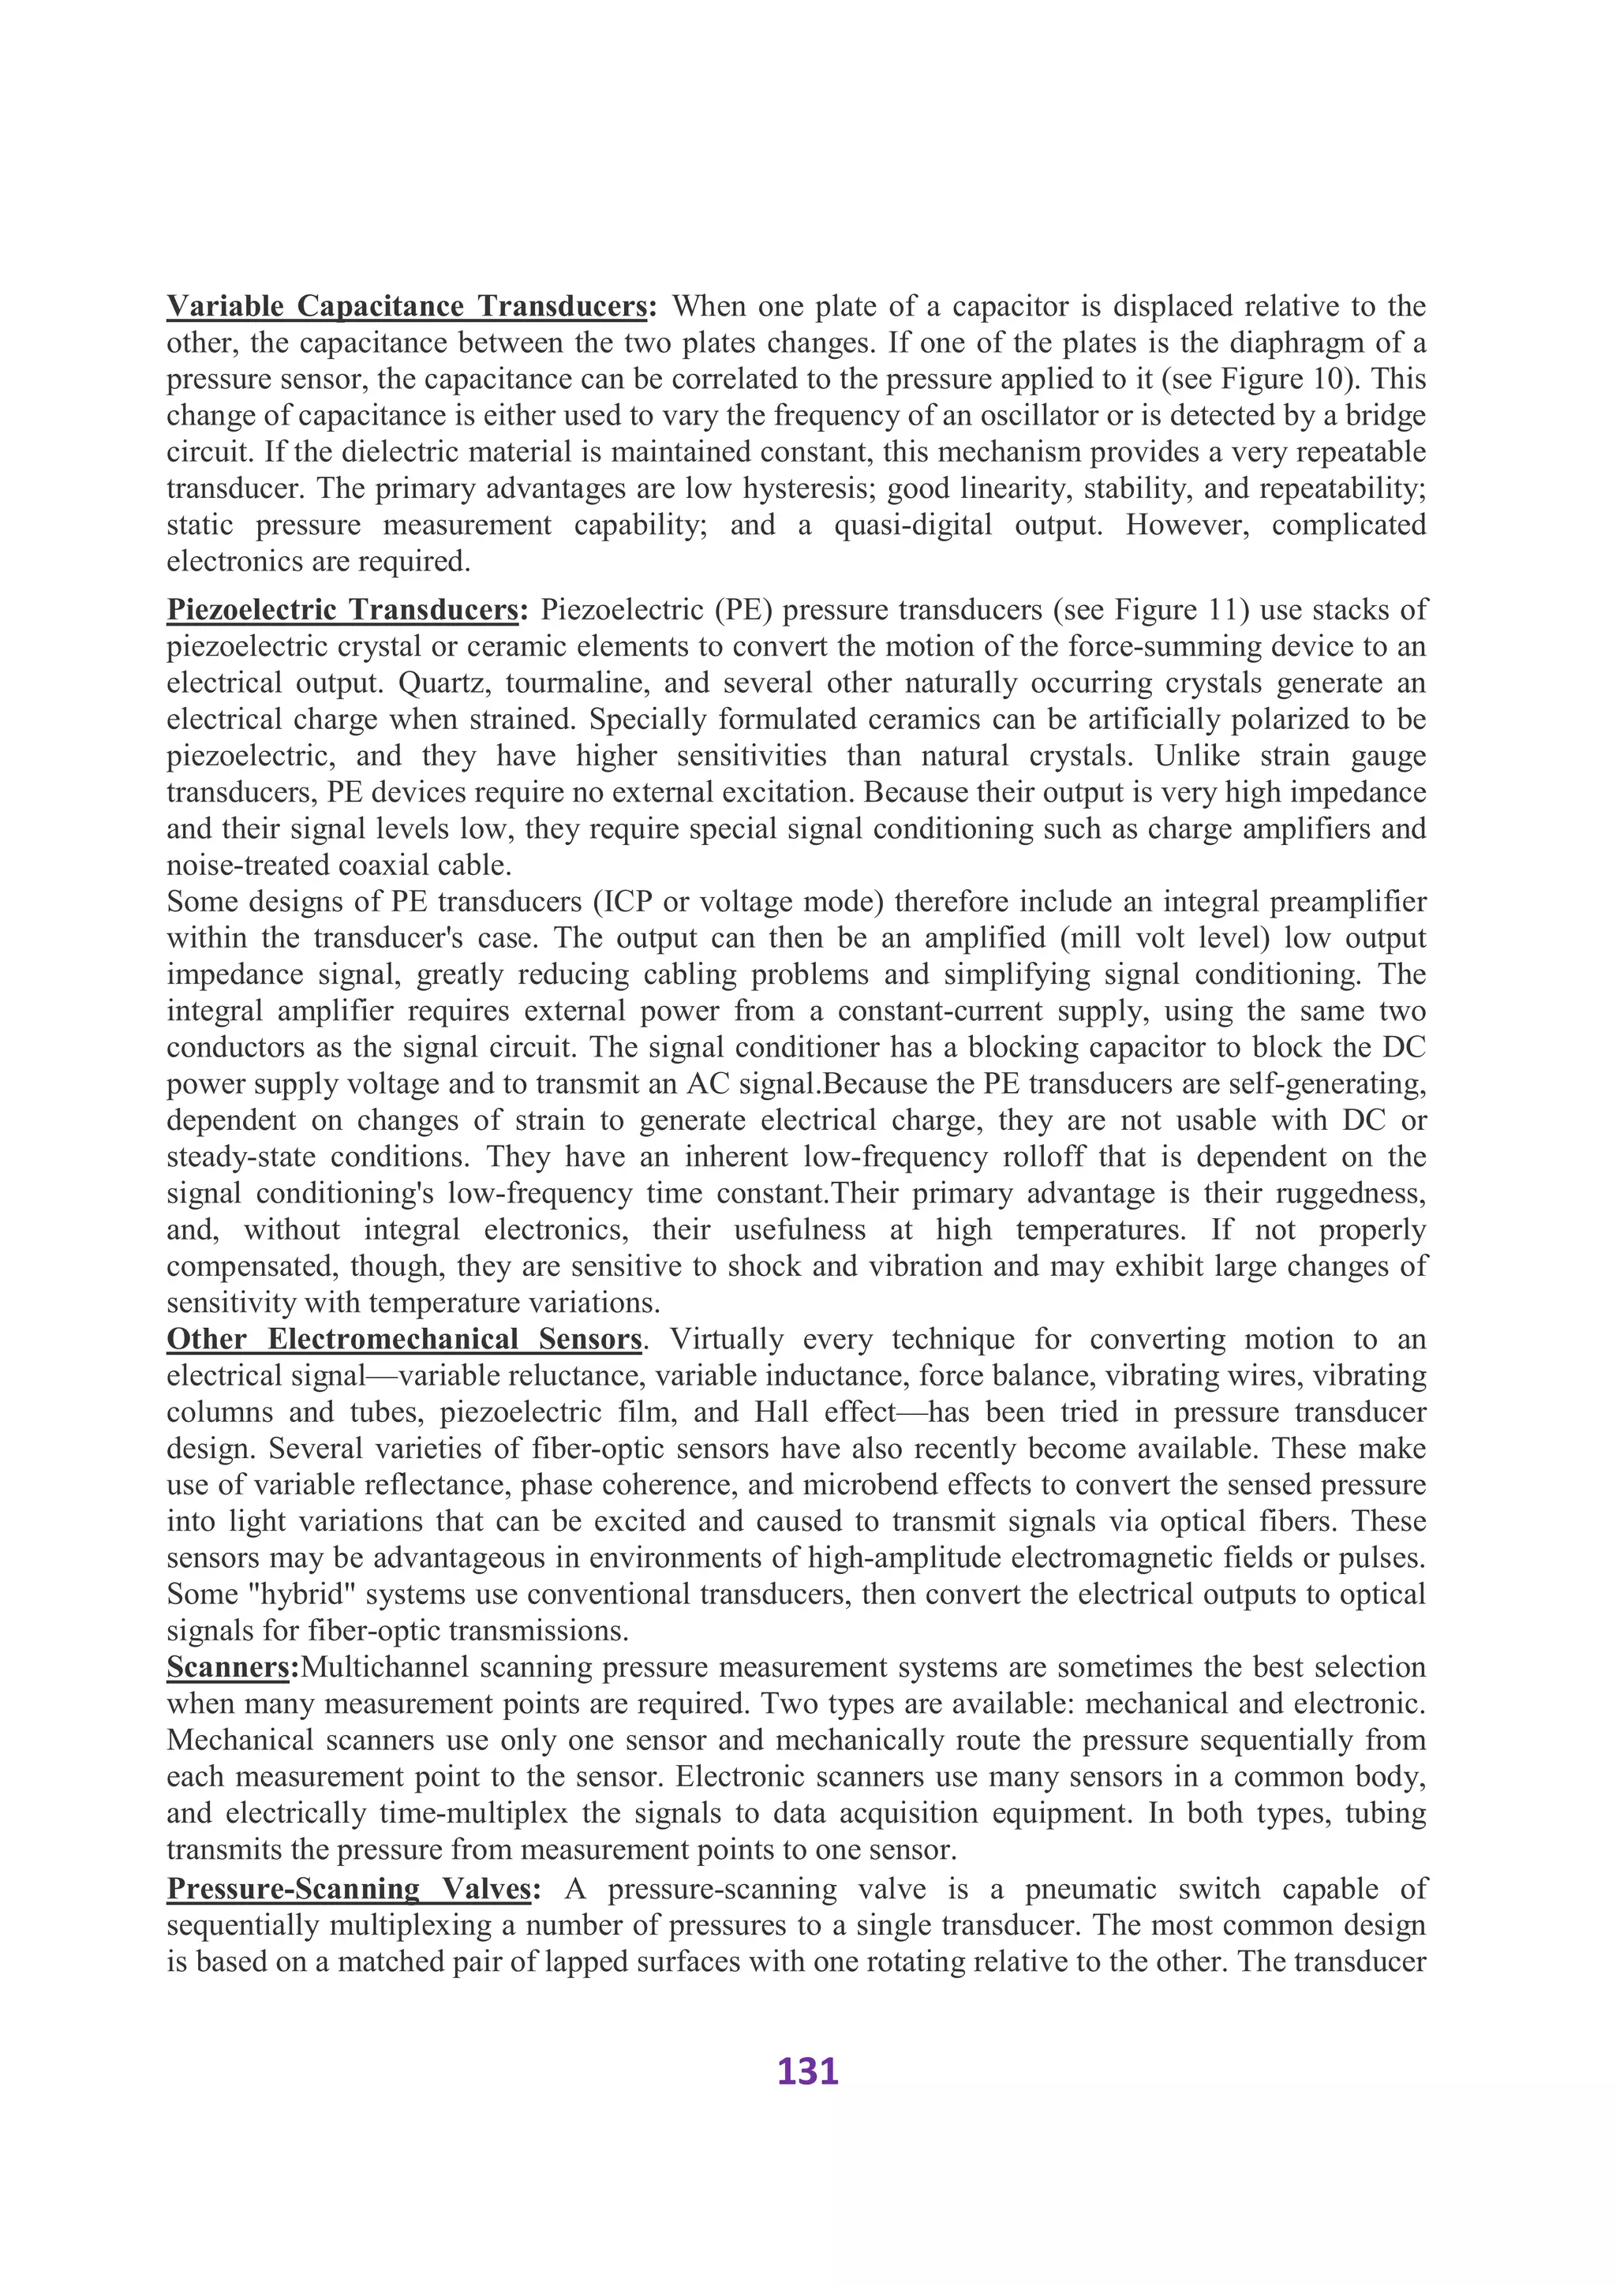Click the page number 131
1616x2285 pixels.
(x=807, y=2071)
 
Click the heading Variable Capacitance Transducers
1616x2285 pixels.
(x=407, y=305)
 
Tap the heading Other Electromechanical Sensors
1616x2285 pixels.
(x=404, y=1340)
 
